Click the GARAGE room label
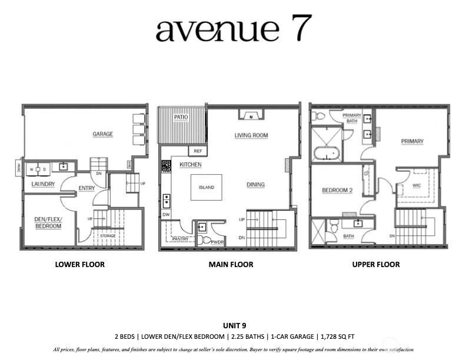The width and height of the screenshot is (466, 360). [x=102, y=134]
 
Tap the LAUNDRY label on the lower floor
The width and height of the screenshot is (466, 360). [x=43, y=184]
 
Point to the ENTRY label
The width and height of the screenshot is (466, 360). [x=86, y=188]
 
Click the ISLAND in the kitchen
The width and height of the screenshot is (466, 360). [x=206, y=188]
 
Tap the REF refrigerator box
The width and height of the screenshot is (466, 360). [x=197, y=151]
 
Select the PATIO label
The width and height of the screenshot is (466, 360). [x=181, y=118]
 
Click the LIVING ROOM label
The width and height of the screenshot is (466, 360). [x=251, y=135]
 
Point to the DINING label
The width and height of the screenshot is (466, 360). [x=255, y=185]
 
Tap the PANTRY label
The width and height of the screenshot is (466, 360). [x=181, y=239]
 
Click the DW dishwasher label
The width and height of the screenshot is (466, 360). [x=166, y=215]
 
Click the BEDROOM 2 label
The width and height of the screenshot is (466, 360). [x=337, y=191]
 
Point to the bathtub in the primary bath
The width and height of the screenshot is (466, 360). [x=327, y=154]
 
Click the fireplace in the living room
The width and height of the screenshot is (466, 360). [x=251, y=114]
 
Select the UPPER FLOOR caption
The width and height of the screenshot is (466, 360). [x=375, y=265]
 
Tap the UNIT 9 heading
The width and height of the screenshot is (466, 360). [x=232, y=325]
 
